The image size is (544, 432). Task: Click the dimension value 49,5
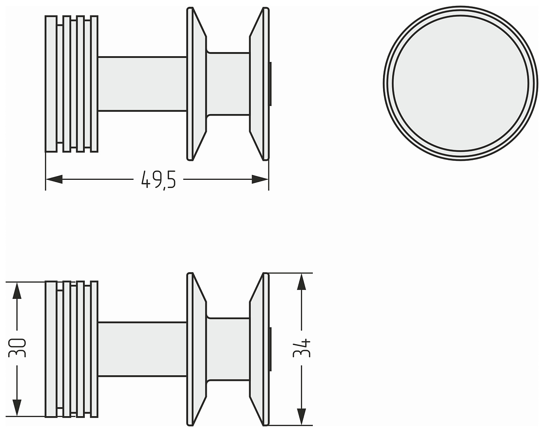[158, 180]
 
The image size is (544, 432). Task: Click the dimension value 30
[17, 348]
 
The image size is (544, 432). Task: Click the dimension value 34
[301, 348]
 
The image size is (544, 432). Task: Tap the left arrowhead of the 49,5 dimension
[54, 179]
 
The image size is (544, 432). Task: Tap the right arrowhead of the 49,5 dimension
[260, 179]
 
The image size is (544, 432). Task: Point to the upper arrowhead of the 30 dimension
[17, 290]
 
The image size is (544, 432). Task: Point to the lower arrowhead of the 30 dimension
[17, 408]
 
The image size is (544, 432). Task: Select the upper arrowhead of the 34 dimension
[301, 282]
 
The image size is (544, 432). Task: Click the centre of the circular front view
[461, 83]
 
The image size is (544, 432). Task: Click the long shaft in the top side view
[142, 84]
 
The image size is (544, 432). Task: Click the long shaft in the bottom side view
[142, 349]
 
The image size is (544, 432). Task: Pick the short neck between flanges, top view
[228, 84]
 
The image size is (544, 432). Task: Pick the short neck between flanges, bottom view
[228, 349]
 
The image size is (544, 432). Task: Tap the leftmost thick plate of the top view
[51, 84]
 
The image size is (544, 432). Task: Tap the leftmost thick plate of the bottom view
[51, 349]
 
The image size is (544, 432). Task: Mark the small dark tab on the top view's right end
[270, 84]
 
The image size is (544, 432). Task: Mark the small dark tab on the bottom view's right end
[270, 349]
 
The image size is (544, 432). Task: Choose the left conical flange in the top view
[197, 84]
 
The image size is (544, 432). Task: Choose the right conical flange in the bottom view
[259, 349]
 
